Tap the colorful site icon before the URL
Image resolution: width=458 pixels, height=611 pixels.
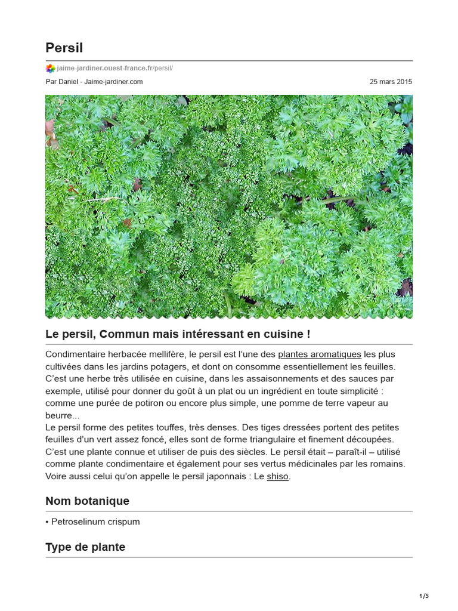[50, 68]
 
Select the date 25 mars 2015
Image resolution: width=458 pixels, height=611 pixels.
[391, 82]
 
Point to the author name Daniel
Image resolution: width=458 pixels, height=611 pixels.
[70, 82]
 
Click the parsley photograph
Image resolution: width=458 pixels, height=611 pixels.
[229, 206]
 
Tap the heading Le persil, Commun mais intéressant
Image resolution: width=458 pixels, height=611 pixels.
[178, 334]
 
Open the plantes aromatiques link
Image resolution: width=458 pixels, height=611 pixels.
[320, 354]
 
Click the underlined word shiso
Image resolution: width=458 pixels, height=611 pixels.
[277, 477]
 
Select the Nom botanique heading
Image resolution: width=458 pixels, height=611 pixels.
[87, 501]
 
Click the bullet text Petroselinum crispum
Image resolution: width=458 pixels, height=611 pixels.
[95, 521]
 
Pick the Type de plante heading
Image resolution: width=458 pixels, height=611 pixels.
[85, 547]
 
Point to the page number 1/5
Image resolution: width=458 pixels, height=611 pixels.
[424, 596]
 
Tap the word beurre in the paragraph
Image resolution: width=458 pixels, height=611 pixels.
[58, 415]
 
